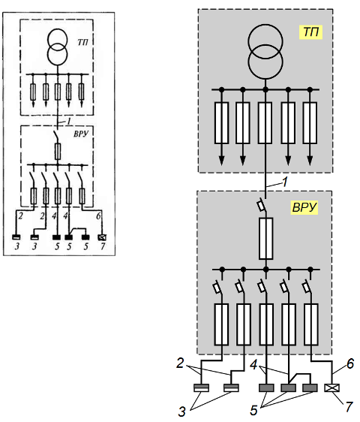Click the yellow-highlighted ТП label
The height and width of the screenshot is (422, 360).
click(310, 32)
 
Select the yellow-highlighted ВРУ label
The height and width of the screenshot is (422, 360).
click(304, 207)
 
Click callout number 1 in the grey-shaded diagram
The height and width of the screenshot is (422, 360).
click(285, 182)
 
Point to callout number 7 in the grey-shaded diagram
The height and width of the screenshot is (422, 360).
click(349, 407)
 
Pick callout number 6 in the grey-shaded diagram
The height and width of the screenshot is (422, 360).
click(350, 363)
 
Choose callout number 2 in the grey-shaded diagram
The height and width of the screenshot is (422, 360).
click(180, 363)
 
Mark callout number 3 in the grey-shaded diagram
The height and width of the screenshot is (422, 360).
click(181, 411)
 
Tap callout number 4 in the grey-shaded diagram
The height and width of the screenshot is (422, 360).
click(253, 365)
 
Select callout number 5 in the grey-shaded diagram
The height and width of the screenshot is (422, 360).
click(253, 411)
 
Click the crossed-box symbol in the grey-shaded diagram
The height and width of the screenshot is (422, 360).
click(332, 387)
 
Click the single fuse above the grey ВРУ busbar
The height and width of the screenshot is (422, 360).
click(266, 239)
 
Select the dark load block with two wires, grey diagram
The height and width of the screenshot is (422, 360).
click(289, 387)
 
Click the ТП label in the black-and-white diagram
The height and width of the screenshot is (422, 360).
click(82, 43)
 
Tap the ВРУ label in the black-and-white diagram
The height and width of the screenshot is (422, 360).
click(81, 134)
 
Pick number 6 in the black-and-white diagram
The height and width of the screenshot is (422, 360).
click(98, 216)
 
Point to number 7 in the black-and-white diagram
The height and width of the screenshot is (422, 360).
click(103, 246)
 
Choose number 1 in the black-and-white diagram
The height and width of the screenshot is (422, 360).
click(69, 122)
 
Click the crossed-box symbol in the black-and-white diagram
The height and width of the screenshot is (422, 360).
click(103, 237)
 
